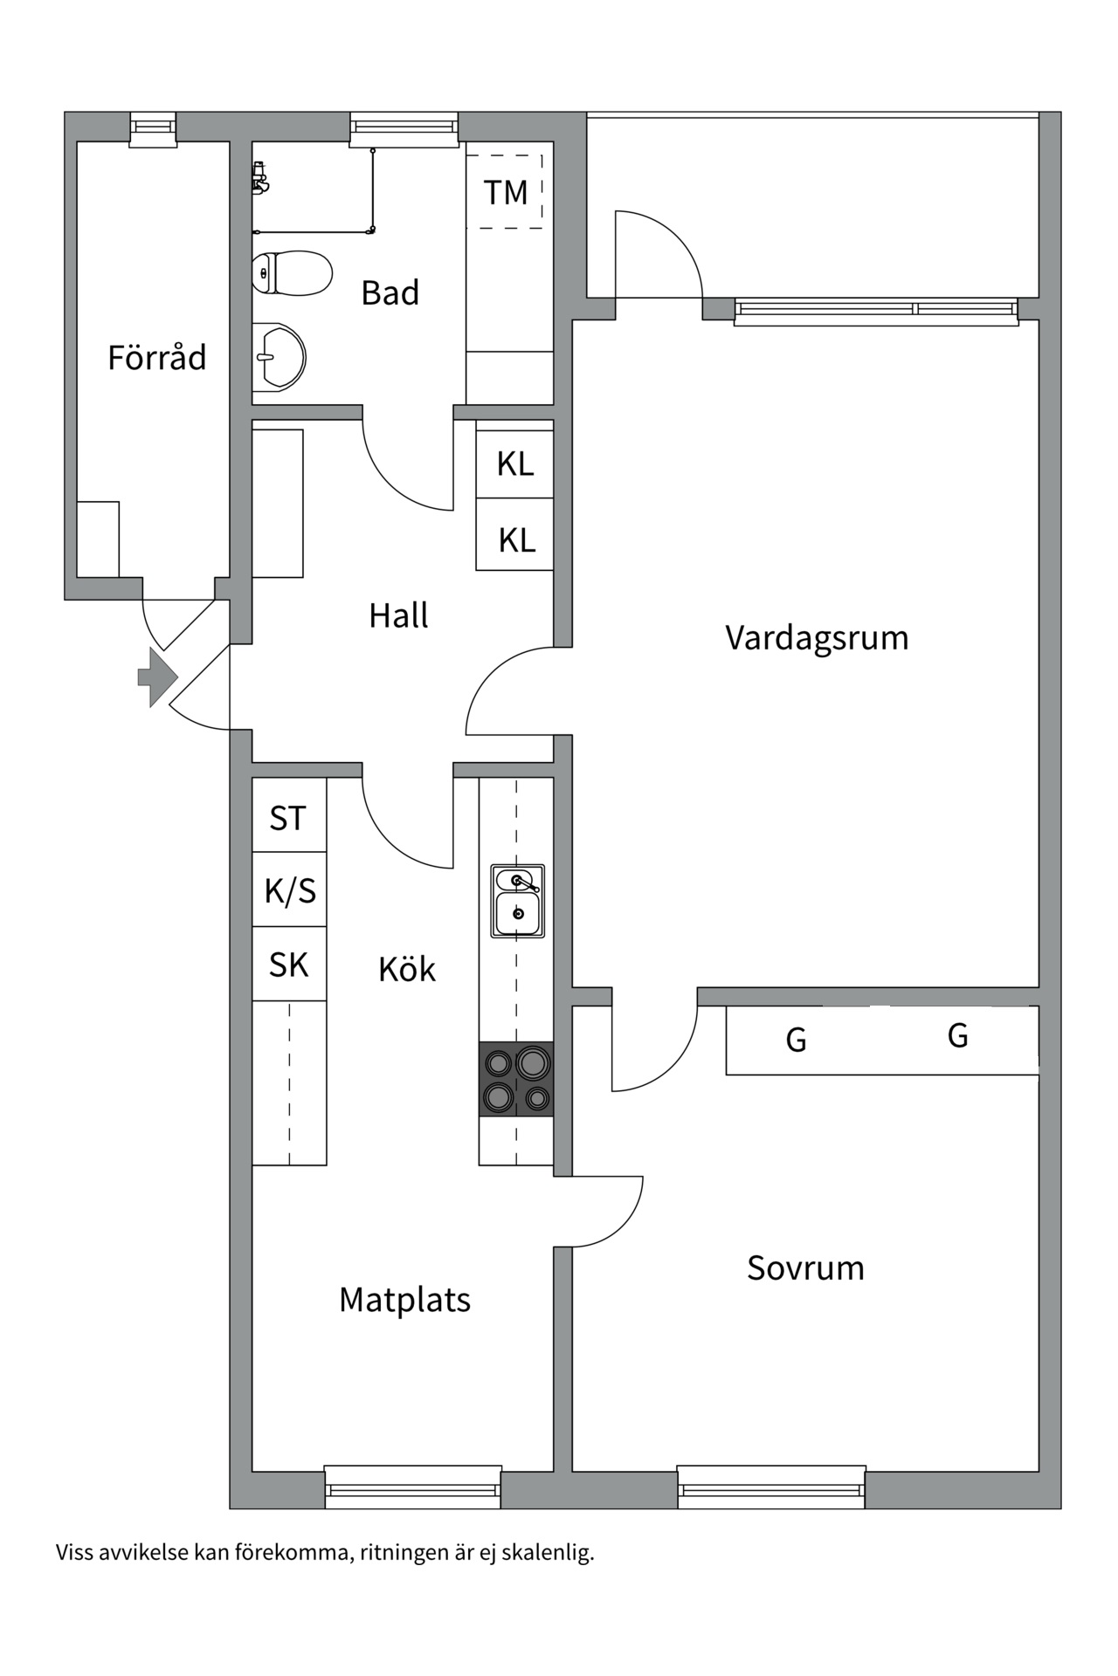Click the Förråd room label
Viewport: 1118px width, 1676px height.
157,358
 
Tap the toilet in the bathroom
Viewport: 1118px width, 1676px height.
293,273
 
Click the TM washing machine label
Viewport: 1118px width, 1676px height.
506,193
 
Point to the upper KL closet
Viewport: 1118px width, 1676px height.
515,464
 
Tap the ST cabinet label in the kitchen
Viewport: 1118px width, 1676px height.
288,819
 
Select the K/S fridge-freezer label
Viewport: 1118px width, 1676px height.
290,891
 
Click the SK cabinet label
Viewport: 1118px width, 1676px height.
288,965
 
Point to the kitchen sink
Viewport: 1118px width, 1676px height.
517,902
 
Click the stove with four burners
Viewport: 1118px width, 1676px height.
516,1079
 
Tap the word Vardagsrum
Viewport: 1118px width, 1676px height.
817,638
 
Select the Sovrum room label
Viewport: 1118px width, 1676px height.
805,1267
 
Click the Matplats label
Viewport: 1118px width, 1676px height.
404,1300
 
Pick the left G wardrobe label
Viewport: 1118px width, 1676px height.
796,1041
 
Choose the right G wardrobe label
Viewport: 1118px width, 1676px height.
957,1036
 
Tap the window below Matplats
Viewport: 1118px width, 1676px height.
413,1487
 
